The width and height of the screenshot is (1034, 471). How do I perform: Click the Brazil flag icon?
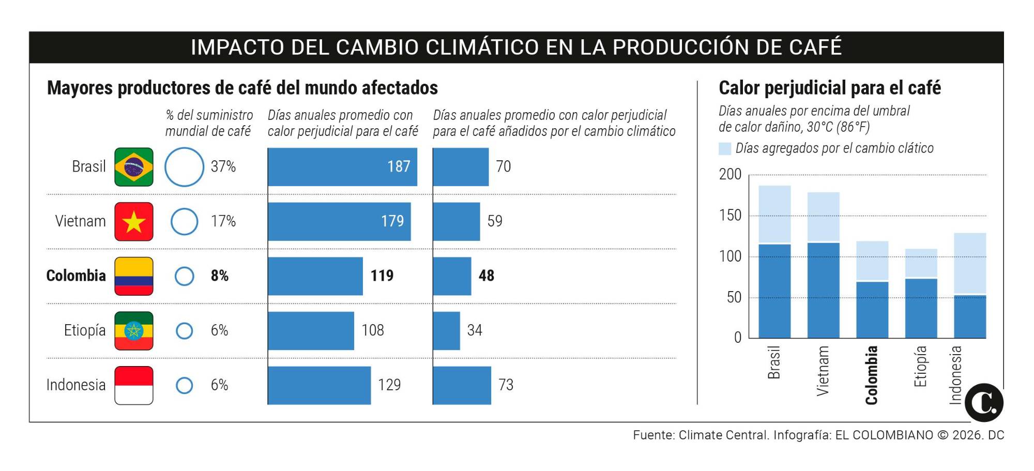click(134, 167)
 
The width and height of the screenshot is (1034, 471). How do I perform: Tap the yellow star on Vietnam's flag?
click(134, 222)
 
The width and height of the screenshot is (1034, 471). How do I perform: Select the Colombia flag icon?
click(134, 276)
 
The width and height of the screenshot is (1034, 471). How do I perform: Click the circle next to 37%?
click(184, 167)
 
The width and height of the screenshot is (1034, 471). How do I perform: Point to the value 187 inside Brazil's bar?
click(399, 166)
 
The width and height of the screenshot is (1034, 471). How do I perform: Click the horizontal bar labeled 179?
click(339, 221)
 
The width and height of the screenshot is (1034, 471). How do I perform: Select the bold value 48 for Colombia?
click(486, 276)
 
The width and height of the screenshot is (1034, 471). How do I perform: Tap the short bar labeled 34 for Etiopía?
click(446, 331)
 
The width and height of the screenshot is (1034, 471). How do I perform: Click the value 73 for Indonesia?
click(506, 385)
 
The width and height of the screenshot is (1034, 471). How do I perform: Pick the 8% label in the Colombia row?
click(220, 276)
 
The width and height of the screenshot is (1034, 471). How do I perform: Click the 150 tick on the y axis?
click(730, 215)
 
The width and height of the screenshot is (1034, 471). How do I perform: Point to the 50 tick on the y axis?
click(734, 297)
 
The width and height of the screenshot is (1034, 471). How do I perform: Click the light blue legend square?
click(725, 149)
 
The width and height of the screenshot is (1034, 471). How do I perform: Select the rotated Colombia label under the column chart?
click(871, 375)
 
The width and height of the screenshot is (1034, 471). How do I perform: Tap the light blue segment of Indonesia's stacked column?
click(969, 264)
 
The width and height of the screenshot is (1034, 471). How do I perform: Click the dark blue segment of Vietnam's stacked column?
click(823, 290)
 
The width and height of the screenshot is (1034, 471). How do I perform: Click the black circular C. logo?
click(984, 403)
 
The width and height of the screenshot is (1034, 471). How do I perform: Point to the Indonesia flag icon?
click(134, 385)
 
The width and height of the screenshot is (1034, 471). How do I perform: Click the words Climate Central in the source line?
click(723, 435)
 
